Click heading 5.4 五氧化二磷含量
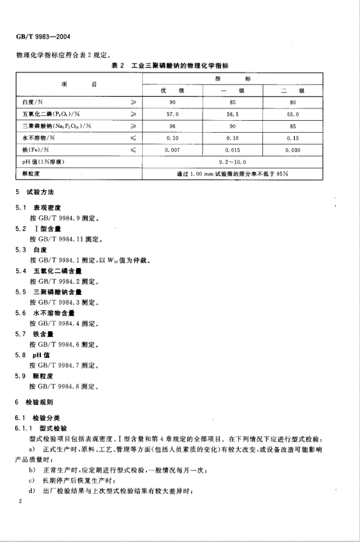pos(58,271)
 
